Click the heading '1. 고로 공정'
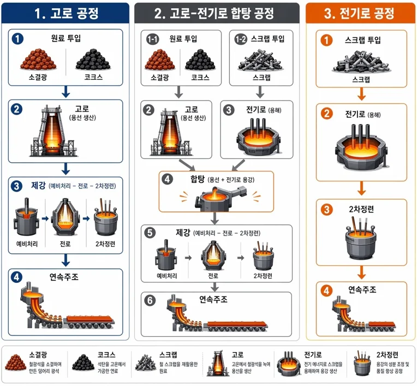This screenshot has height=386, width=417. (x=67, y=13)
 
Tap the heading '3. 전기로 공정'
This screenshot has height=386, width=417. (x=359, y=13)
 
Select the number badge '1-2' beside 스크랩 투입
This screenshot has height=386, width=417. (x=241, y=39)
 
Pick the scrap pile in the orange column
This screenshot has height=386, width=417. (x=361, y=62)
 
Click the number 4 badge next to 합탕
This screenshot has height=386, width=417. (x=167, y=179)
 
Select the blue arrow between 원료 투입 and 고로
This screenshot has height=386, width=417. (x=65, y=92)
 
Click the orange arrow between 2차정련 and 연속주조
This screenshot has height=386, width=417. (x=361, y=272)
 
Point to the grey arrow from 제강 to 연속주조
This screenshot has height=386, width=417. (x=215, y=287)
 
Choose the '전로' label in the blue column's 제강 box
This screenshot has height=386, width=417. (x=65, y=244)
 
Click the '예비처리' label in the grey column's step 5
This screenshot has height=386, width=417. (x=167, y=276)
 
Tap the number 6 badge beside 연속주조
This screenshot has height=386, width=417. (x=150, y=300)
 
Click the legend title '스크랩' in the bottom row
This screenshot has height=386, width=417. (x=168, y=355)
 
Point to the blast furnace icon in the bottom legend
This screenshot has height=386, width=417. (x=218, y=364)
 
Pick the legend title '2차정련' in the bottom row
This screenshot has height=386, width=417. (x=387, y=355)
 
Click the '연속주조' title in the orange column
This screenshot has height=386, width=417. (x=362, y=289)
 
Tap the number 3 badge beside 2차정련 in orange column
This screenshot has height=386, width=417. (x=326, y=210)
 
